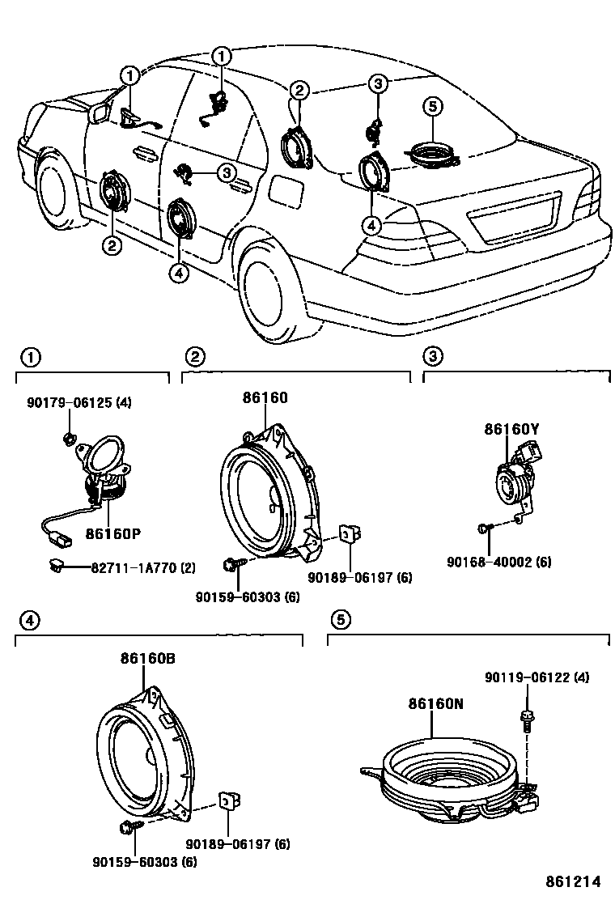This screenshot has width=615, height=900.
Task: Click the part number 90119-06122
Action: (537, 677)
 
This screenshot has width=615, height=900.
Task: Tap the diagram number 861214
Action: (575, 881)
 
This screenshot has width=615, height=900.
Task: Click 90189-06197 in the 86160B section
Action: (238, 844)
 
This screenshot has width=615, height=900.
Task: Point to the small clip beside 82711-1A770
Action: (56, 567)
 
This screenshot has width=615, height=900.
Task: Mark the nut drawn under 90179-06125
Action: (70, 440)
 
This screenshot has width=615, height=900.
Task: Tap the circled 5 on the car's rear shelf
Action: (432, 106)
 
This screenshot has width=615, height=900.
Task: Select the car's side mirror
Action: (102, 113)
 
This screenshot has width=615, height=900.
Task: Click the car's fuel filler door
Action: (286, 192)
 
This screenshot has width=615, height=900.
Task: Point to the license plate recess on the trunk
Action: (513, 218)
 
